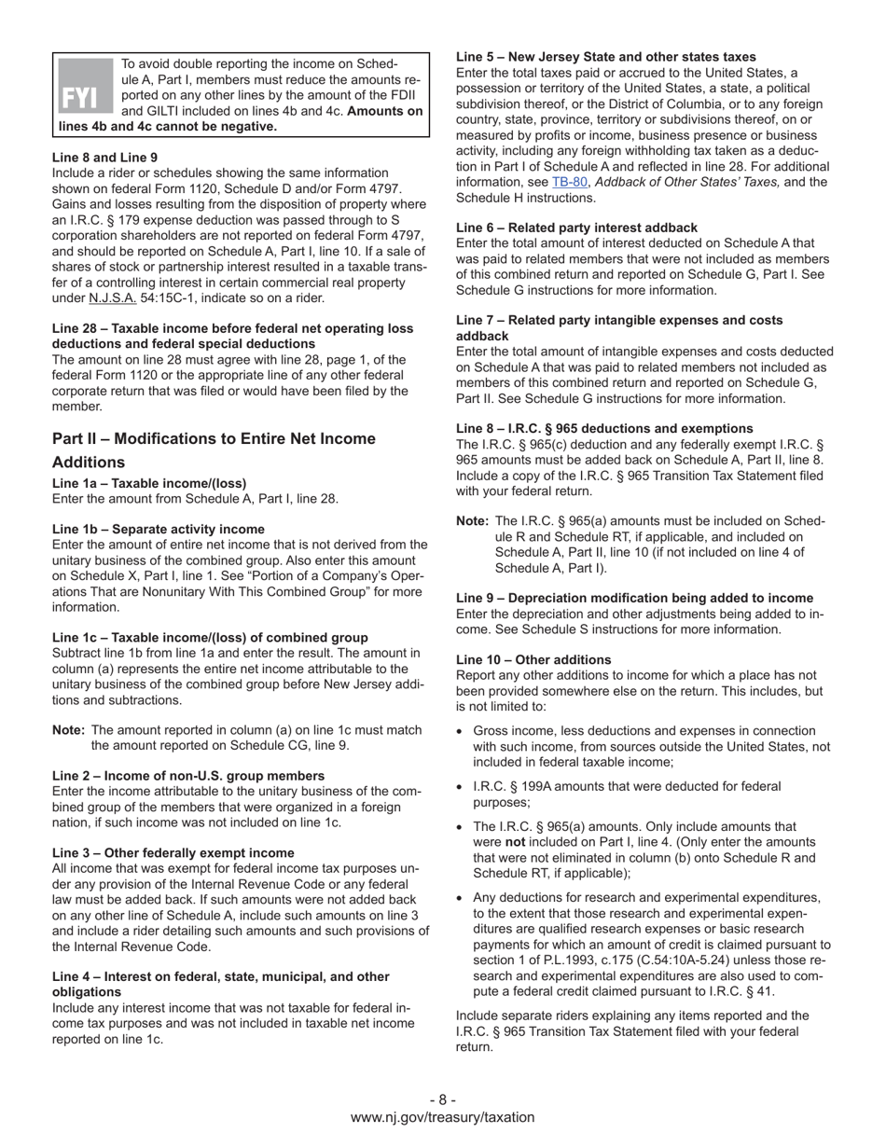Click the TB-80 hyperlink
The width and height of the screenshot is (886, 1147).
tap(569, 182)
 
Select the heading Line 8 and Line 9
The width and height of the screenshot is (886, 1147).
tap(104, 158)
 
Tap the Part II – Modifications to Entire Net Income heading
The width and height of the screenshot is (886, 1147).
tap(214, 438)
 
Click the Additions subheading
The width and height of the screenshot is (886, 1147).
tap(89, 463)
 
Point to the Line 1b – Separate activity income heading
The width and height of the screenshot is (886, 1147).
tap(159, 529)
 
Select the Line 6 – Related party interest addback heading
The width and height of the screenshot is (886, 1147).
tap(576, 228)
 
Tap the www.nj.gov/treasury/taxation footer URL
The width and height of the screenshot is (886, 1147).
tap(443, 1116)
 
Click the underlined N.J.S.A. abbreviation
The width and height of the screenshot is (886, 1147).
tap(112, 298)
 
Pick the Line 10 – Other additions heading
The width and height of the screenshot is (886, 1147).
tap(533, 659)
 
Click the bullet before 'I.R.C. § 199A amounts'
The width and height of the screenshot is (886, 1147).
tap(460, 787)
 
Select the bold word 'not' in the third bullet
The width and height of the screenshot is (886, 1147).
tap(484, 842)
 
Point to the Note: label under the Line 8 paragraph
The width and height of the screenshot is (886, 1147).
tap(472, 521)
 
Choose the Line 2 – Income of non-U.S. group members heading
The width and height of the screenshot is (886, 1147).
tap(188, 776)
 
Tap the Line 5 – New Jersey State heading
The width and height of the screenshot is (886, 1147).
tap(606, 57)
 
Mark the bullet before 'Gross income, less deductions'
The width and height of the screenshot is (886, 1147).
tap(460, 732)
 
